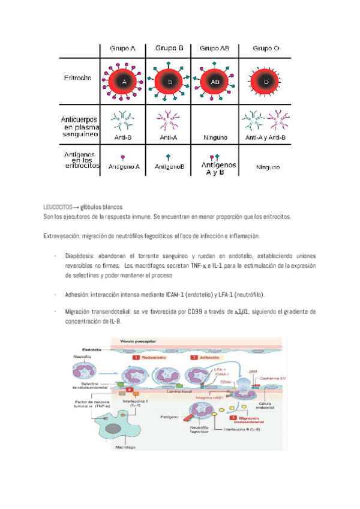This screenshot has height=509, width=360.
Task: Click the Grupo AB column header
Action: [214, 48]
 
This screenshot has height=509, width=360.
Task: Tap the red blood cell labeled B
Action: [170, 80]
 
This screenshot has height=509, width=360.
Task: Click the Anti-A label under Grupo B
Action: [169, 137]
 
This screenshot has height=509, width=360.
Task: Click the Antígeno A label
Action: [125, 167]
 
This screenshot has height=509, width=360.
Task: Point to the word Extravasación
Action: [62, 236]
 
